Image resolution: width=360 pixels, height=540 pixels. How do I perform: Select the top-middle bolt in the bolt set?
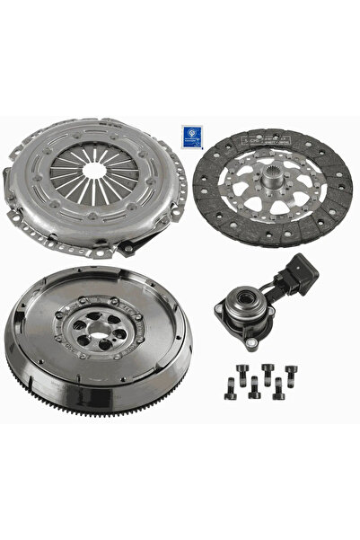click(268, 367)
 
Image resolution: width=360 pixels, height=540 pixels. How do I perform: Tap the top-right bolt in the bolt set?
click(291, 369)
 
